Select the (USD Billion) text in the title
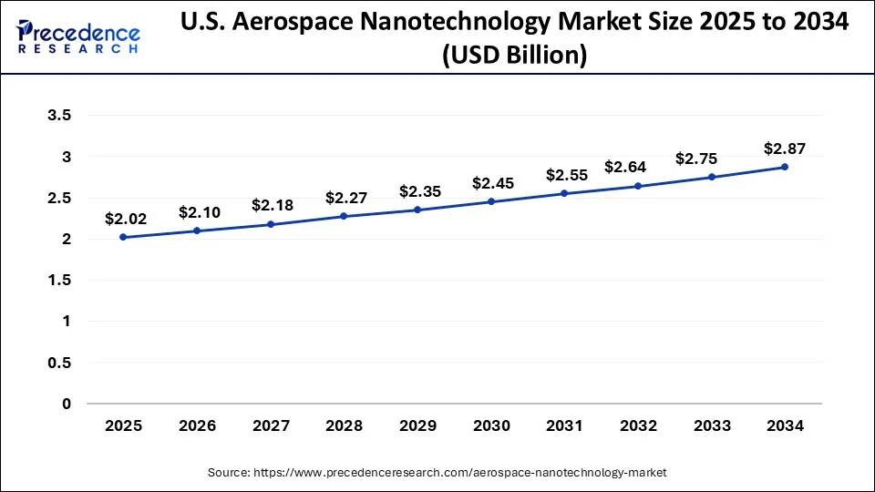[513, 56]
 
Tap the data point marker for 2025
[123, 237]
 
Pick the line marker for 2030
[490, 201]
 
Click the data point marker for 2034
[785, 167]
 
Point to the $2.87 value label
[784, 149]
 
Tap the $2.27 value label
[344, 198]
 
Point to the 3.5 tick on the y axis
[60, 116]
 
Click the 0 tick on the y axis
[66, 404]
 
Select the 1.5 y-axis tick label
[60, 281]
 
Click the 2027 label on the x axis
[270, 425]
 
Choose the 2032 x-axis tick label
[637, 425]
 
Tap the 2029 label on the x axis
[417, 425]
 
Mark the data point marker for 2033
[711, 177]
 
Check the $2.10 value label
[197, 212]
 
